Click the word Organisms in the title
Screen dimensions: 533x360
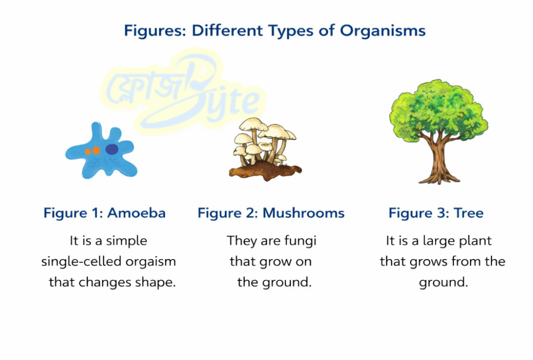(383, 31)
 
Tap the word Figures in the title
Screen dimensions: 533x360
(155, 31)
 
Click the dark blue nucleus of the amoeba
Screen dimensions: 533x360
(112, 149)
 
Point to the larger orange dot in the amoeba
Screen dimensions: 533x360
(96, 150)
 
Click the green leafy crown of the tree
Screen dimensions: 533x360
(438, 109)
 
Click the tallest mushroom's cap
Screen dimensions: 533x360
(253, 124)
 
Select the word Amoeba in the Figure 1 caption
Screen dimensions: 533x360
(137, 213)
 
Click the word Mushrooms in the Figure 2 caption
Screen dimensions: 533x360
(303, 213)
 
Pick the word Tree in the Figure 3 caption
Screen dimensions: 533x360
(468, 213)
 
